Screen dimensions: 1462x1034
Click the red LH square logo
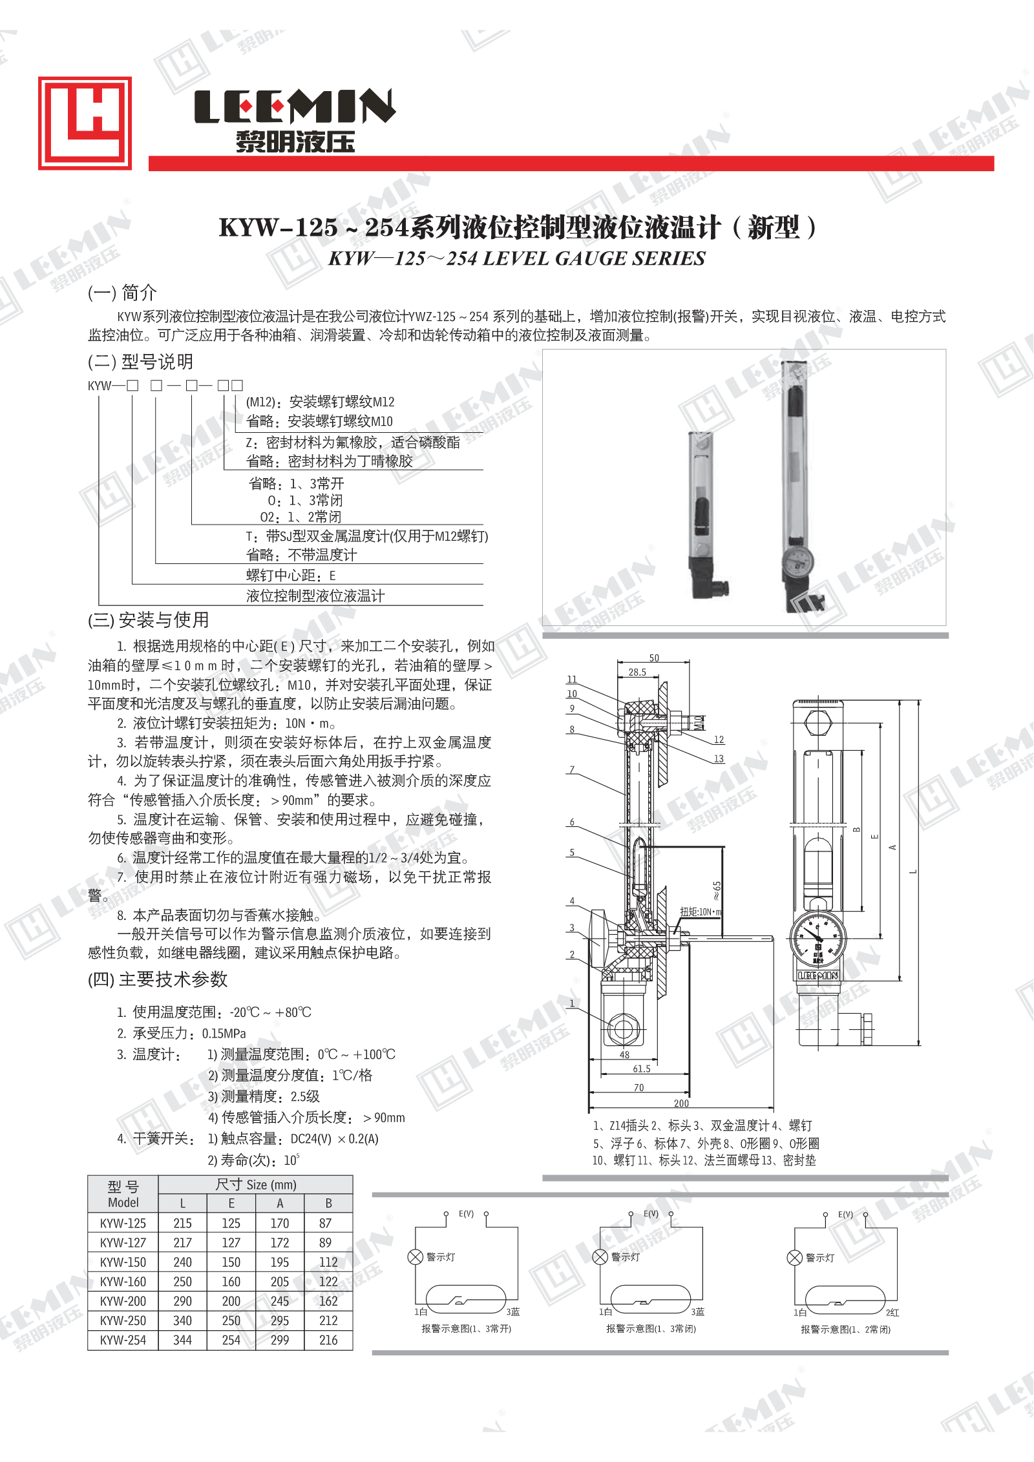[85, 123]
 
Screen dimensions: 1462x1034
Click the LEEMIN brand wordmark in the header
[295, 106]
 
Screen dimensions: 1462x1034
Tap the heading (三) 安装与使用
[149, 620]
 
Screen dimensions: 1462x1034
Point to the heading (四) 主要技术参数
[158, 979]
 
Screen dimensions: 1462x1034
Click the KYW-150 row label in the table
[123, 1262]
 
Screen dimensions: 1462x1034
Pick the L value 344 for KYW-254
[182, 1340]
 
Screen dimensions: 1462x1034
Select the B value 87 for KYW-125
[325, 1223]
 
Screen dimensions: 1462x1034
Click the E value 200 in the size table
[231, 1301]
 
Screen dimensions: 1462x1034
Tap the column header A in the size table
[280, 1203]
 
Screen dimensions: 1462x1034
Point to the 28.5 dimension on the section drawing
[637, 672]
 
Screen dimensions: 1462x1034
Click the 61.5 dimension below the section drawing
[641, 1069]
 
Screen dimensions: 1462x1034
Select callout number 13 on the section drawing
[719, 758]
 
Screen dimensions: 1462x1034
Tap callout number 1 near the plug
[572, 1003]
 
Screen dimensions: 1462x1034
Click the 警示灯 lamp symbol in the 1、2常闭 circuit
[794, 1257]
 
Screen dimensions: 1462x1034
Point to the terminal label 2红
[892, 1312]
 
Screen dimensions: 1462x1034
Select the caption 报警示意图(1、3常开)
[466, 1328]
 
